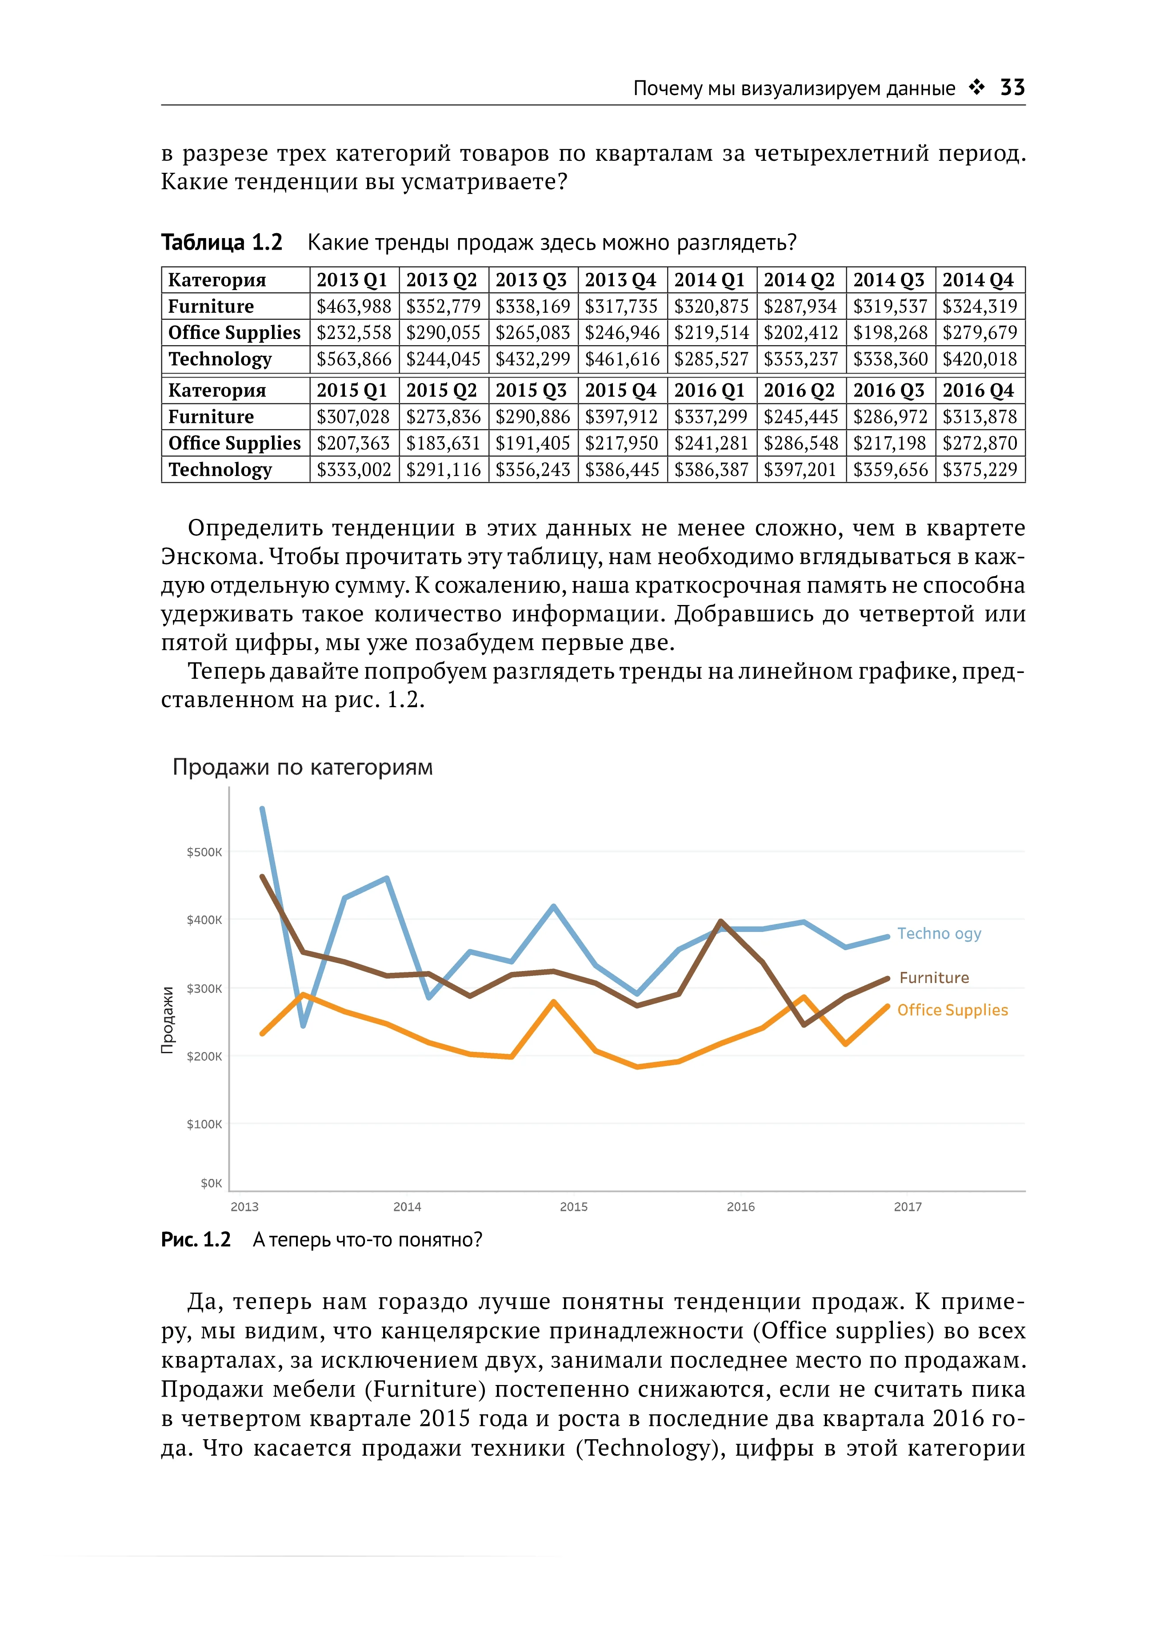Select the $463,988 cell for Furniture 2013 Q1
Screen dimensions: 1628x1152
pos(353,306)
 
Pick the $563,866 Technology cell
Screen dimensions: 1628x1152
pos(353,359)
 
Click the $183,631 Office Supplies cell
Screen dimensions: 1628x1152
pos(443,443)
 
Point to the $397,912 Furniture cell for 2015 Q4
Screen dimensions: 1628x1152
pos(621,417)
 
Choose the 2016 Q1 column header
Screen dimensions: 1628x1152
pos(710,391)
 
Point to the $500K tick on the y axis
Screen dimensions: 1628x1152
pos(204,852)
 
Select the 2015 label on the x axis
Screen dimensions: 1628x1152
pos(573,1207)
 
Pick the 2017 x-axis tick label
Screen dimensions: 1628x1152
pos(907,1207)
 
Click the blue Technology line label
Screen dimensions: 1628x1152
pos(939,934)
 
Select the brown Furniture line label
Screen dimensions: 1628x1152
pos(933,978)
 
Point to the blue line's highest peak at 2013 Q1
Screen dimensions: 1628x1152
pos(263,809)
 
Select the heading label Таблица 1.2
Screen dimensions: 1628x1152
pos(221,243)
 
